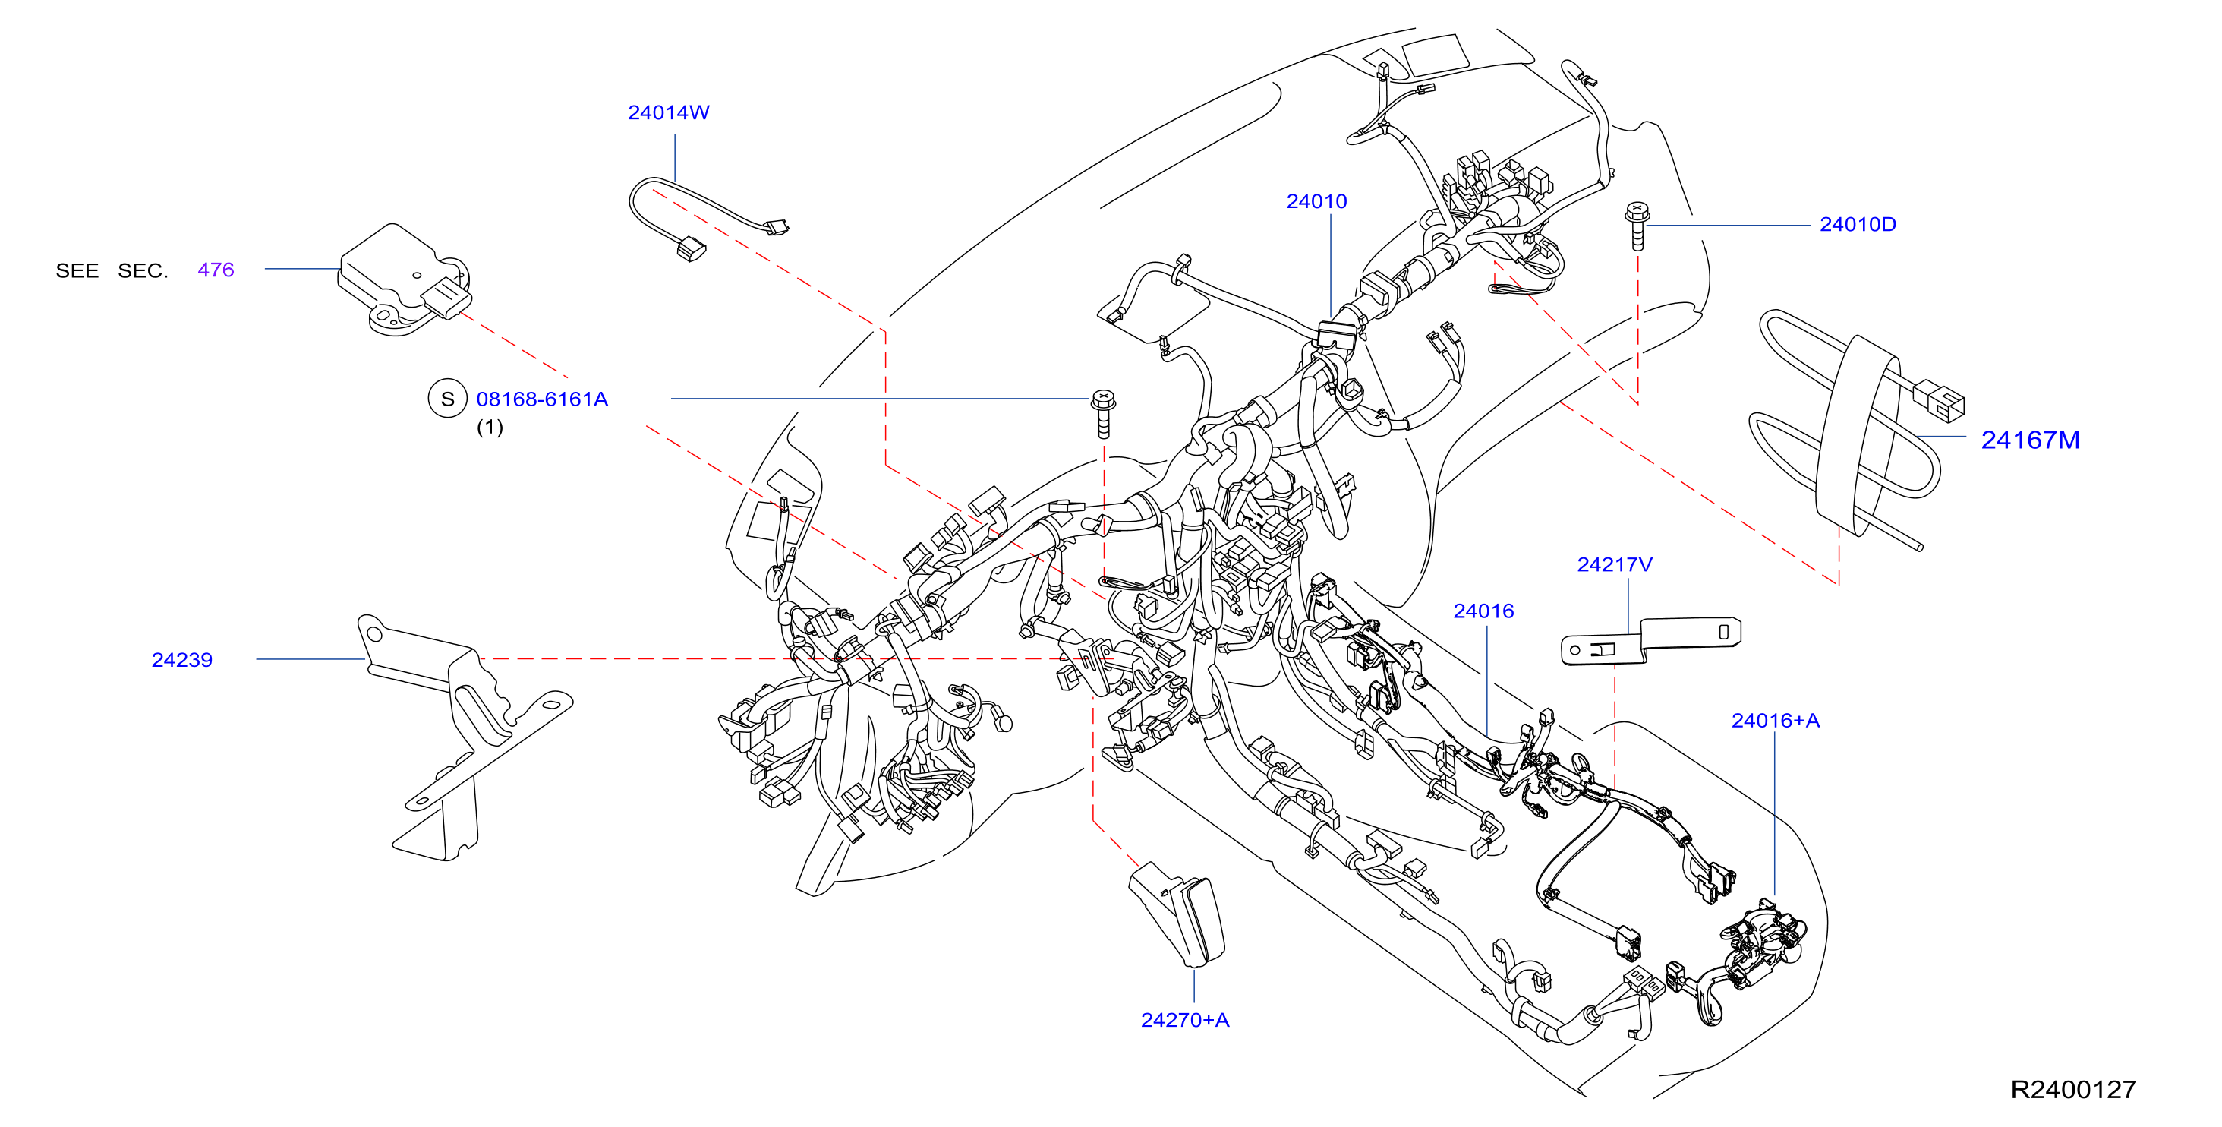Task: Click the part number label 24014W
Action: point(669,113)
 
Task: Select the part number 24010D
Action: point(1858,224)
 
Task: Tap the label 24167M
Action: point(2031,440)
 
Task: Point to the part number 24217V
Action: point(1615,564)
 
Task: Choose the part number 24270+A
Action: point(1185,1020)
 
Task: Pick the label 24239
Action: point(182,660)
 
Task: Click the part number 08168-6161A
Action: point(543,399)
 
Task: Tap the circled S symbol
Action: point(448,399)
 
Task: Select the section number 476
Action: point(216,270)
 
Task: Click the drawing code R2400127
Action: point(2074,1090)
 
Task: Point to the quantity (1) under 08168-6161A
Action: point(490,427)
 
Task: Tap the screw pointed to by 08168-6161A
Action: point(1103,413)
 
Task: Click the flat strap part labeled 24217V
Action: point(1651,640)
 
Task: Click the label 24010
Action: point(1316,202)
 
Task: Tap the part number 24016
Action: point(1483,611)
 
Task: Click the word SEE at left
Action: point(77,271)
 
